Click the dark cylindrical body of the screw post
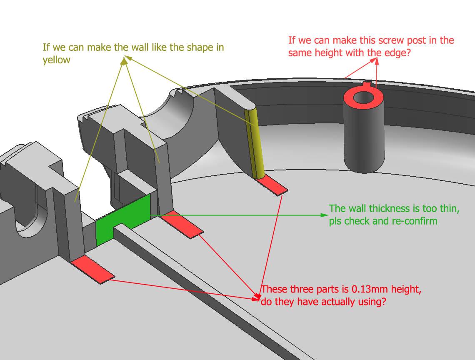(x=363, y=137)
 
